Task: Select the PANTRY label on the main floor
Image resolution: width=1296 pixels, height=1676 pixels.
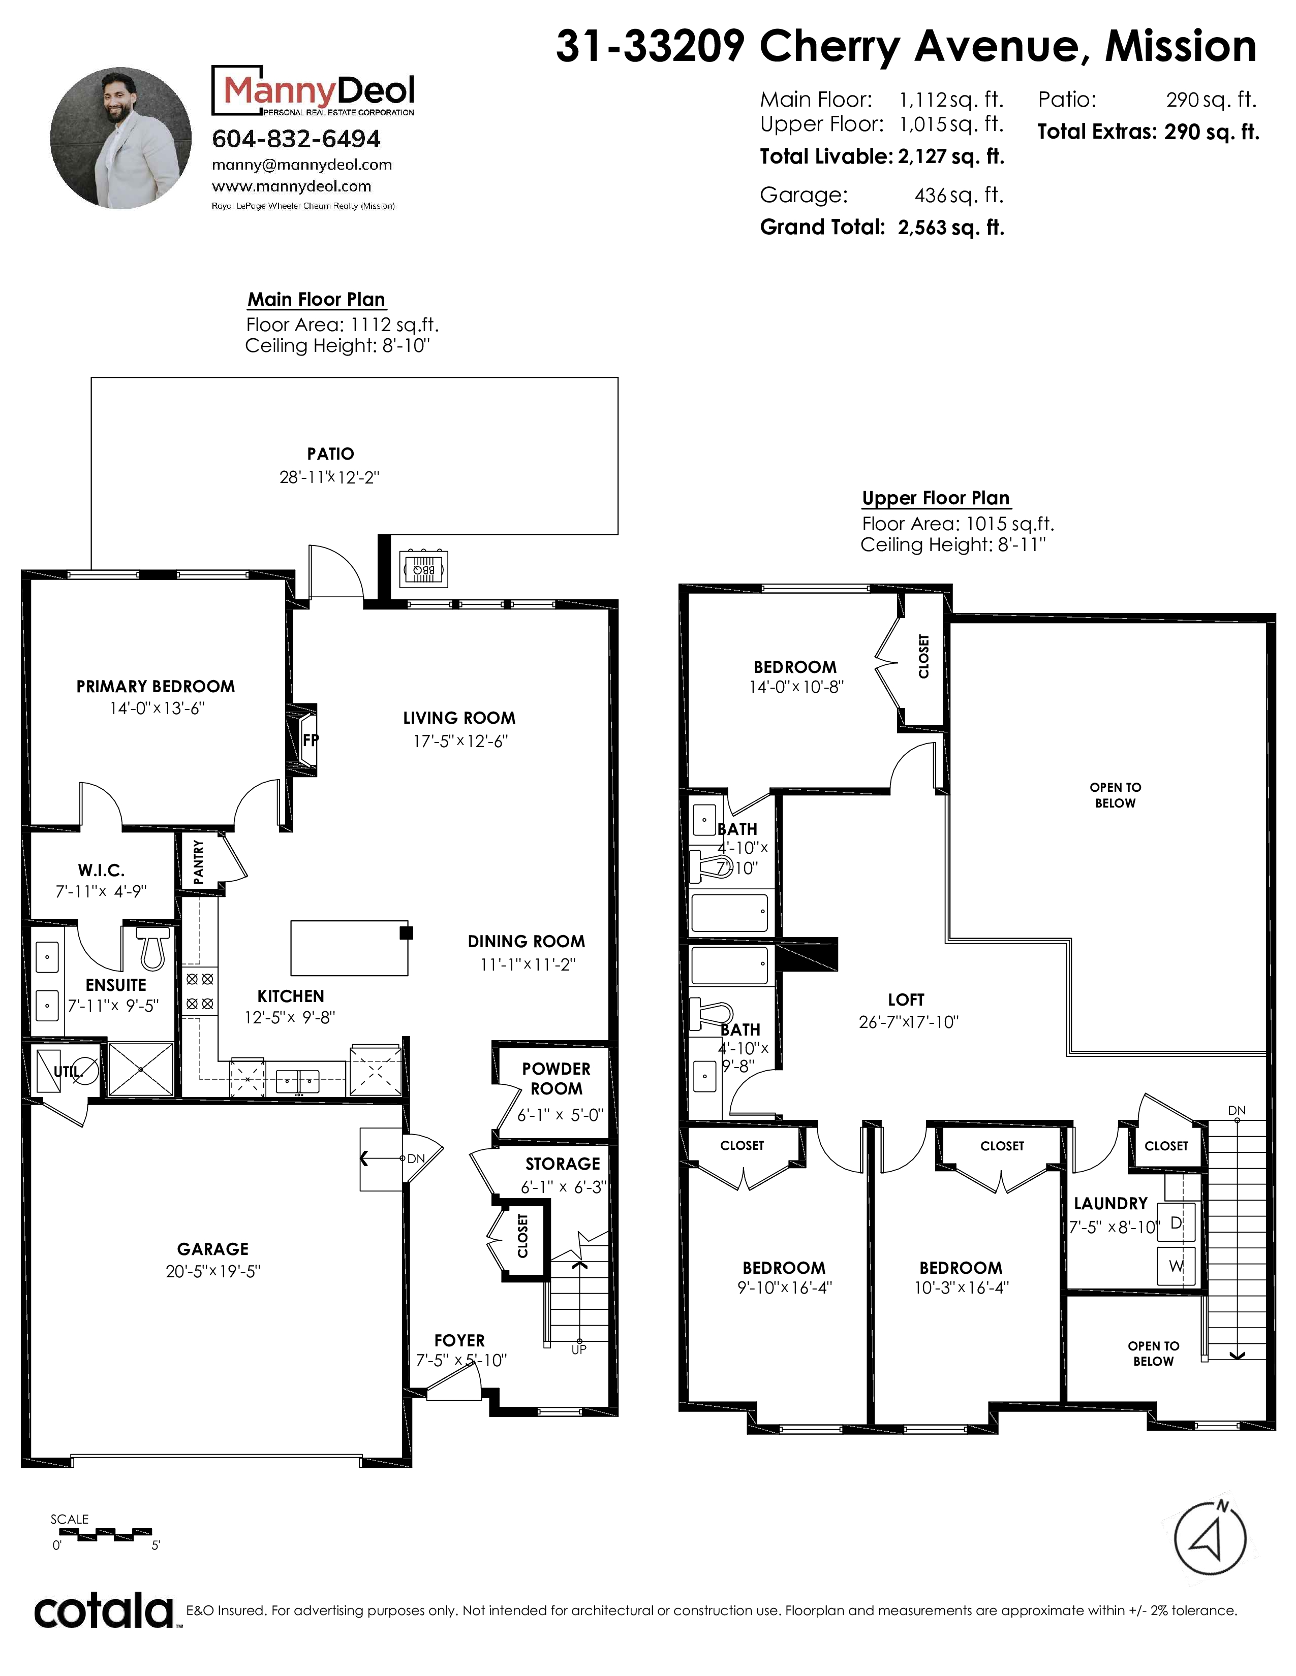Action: coord(199,862)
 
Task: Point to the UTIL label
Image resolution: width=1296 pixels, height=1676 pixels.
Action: coord(67,1072)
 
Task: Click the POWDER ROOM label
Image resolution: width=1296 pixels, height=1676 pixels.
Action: coord(556,1078)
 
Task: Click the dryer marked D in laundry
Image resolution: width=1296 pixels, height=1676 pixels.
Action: coord(1176,1223)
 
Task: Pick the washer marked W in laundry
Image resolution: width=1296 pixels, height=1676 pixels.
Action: coord(1176,1266)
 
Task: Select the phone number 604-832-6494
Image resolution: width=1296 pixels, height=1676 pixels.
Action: coord(296,139)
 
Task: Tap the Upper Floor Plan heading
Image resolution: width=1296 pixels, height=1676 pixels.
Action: coord(936,498)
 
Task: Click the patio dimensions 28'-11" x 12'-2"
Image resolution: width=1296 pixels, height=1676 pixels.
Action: coord(329,477)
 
